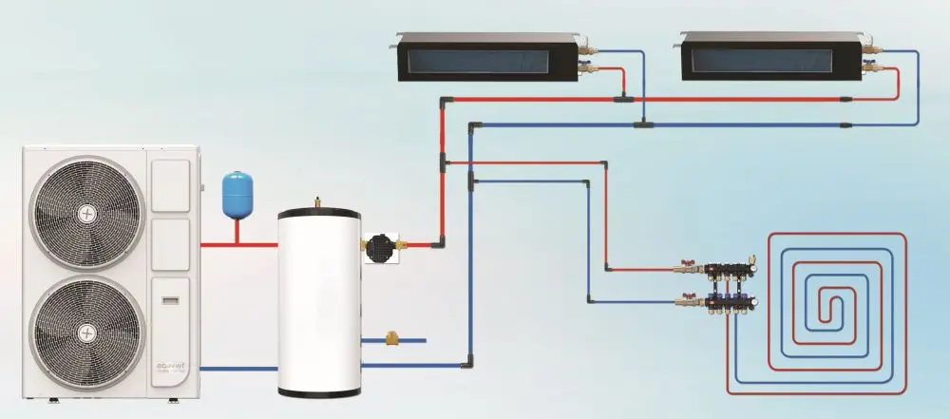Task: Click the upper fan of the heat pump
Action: (86, 213)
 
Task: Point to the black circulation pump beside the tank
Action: (383, 244)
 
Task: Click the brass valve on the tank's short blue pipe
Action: (391, 337)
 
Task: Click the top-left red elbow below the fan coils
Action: (443, 99)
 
